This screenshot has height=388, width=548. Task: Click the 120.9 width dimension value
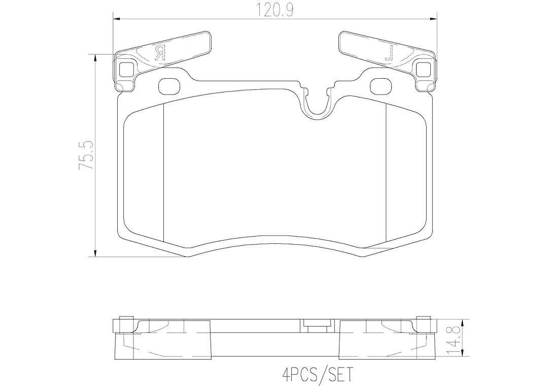tap(275, 11)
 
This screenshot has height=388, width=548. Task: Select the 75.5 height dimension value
tap(86, 156)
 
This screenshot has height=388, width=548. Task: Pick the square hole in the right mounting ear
tap(424, 69)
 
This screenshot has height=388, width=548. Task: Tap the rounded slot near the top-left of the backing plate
tap(169, 86)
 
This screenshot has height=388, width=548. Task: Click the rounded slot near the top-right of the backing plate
tap(381, 86)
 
